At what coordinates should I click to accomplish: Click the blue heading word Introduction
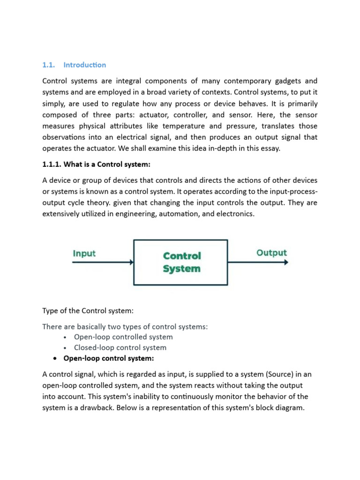[84, 65]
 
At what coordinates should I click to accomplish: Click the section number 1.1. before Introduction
[49, 65]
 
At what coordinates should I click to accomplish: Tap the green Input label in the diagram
[84, 253]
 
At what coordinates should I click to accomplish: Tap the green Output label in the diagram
[271, 253]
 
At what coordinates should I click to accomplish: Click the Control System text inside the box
[181, 262]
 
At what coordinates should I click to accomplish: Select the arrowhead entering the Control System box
[131, 262]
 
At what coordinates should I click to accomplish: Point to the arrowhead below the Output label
[285, 262]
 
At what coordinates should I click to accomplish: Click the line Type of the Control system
[84, 311]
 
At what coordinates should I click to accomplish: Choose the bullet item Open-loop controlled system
[123, 337]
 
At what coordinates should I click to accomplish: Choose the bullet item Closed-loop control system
[120, 347]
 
